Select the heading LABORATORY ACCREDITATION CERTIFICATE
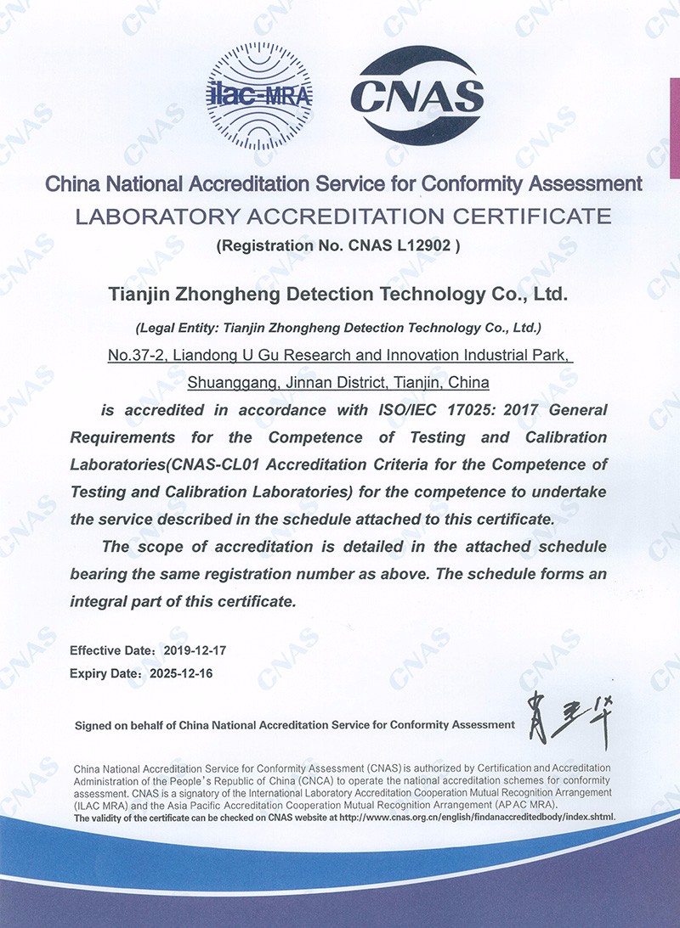343,216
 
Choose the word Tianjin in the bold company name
141,295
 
